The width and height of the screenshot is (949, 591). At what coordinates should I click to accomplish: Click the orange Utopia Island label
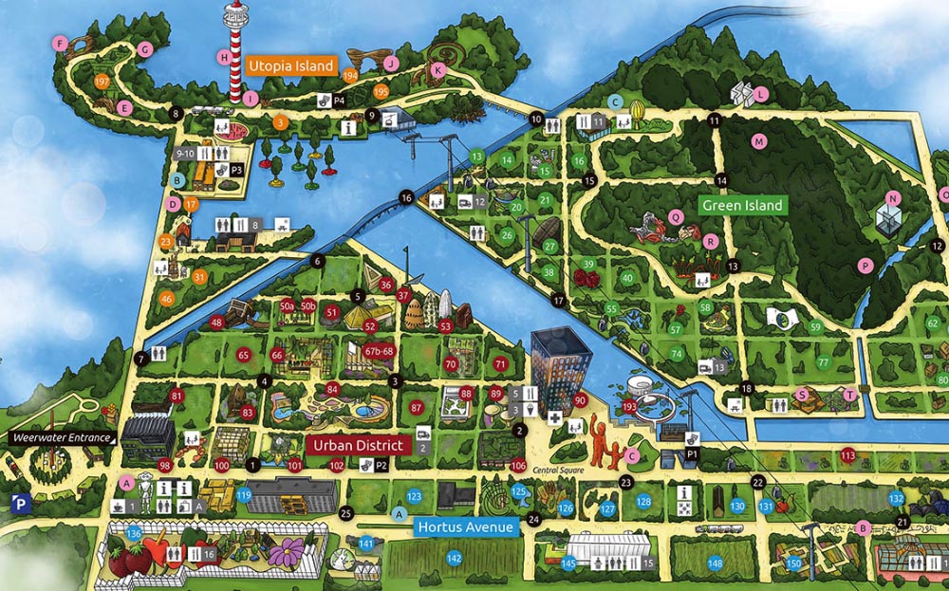coord(292,66)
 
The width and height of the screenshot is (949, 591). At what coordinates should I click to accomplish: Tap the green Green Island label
coord(741,205)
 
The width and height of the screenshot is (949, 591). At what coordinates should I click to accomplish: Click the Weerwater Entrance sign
coord(61,438)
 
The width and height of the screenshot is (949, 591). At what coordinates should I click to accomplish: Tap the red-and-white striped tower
coord(233,52)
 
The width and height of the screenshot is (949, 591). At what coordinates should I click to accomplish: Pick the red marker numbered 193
coord(629,406)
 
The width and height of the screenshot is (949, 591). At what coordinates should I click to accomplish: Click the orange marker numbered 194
coord(351,75)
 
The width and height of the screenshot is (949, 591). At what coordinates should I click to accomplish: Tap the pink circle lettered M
coord(758,141)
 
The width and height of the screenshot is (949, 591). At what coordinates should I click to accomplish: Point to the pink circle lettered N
coord(892,198)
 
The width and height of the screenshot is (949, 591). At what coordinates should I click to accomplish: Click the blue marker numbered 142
coord(455,559)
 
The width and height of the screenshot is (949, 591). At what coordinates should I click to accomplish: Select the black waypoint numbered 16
coord(406,197)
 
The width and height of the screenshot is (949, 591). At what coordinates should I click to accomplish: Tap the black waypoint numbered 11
coord(714,120)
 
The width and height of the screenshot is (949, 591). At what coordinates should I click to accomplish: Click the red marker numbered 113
coord(847,456)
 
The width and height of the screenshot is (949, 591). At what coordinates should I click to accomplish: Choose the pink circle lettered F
coord(61,43)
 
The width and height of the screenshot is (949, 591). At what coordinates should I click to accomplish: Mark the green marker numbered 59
coord(815,327)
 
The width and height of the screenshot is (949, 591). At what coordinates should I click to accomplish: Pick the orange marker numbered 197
coord(102,83)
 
